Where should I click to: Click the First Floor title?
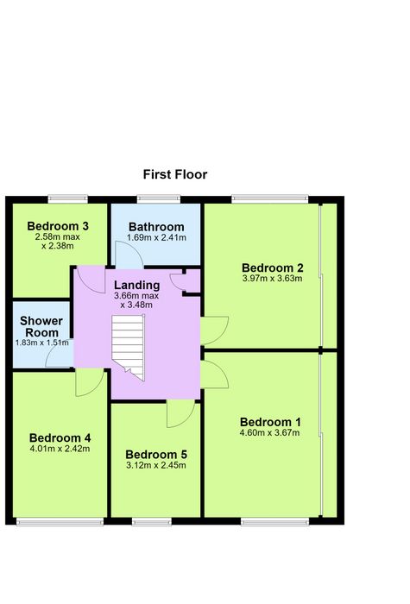tap(175, 174)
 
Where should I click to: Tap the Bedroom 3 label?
tap(58, 226)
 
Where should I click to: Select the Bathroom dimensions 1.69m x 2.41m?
tap(156, 237)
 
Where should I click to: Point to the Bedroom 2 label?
tap(273, 267)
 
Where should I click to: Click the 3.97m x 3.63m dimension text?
tap(273, 278)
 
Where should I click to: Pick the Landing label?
tap(136, 285)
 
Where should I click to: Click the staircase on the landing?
tap(129, 348)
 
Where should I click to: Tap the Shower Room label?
tap(41, 327)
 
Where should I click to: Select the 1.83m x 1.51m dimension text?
tap(42, 343)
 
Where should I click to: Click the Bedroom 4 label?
tap(60, 437)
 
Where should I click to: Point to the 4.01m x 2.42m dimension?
tap(60, 449)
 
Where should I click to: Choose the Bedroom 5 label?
tap(156, 455)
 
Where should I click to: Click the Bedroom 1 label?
tap(270, 422)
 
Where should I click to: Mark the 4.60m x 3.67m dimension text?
tap(269, 432)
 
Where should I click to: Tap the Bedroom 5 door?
tap(180, 413)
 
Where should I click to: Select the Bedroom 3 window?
tap(68, 198)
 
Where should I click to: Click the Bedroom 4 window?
tap(60, 521)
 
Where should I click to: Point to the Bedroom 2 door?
tap(215, 330)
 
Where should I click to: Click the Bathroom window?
tap(159, 198)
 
